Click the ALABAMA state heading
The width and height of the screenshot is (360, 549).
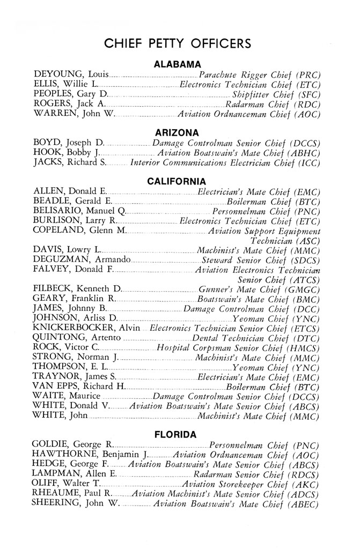[177, 65]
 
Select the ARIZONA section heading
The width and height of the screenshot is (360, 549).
[177, 132]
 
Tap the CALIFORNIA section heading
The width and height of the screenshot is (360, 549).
[177, 182]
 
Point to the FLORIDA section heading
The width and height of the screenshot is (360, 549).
[177, 435]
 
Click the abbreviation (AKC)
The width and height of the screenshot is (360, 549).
[307, 485]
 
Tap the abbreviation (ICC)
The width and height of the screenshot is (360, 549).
[308, 163]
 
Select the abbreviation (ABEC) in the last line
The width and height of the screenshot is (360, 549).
[305, 505]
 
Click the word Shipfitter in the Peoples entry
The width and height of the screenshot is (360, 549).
[247, 94]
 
